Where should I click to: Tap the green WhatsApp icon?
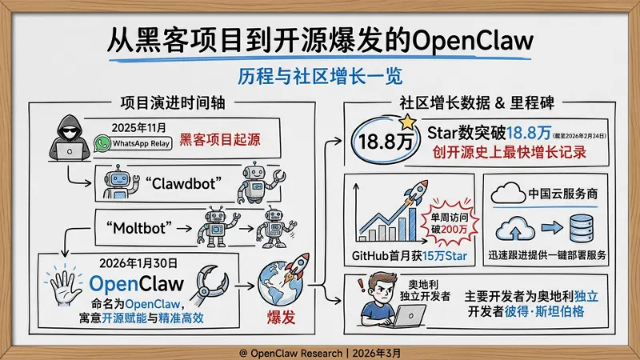click(x=102, y=143)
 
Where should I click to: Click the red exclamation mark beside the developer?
click(x=360, y=283)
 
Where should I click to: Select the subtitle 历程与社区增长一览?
click(x=320, y=78)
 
